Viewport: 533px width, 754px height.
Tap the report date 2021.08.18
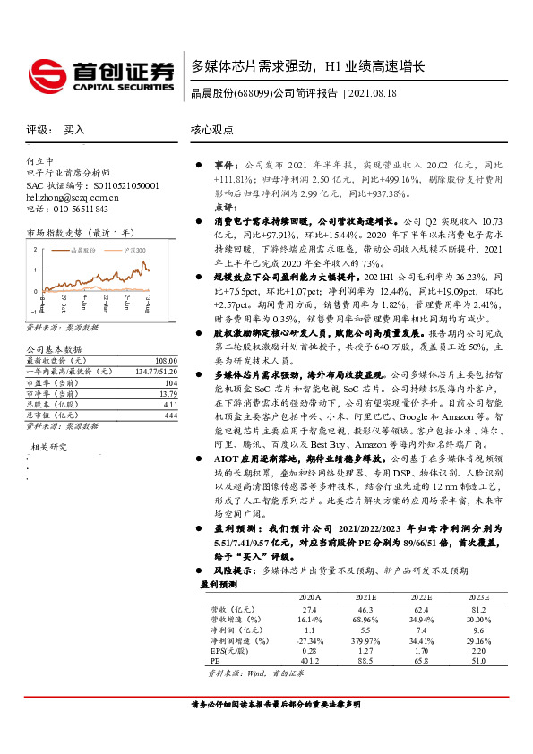click(372, 93)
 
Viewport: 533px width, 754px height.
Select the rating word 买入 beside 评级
click(74, 130)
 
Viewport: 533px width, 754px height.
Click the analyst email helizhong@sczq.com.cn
click(73, 196)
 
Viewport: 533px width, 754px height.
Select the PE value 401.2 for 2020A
click(308, 661)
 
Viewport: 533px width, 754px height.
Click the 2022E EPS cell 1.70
click(420, 650)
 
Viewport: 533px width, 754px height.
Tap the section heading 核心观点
click(211, 130)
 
